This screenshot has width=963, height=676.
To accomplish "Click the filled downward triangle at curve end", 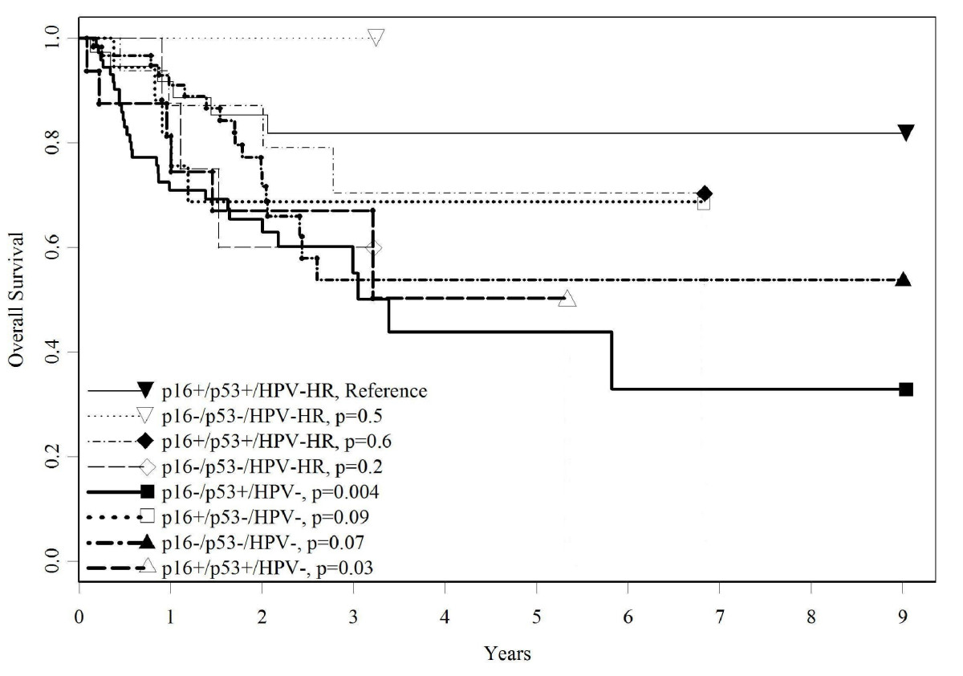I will [906, 132].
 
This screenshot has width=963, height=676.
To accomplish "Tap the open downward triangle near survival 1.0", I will [376, 37].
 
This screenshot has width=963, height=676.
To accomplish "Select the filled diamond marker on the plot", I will [705, 193].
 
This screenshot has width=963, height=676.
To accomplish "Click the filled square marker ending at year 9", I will [906, 389].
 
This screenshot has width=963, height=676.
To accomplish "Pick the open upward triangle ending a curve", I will [567, 299].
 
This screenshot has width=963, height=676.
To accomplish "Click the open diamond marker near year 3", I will [373, 248].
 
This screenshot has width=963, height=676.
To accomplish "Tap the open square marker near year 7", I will [704, 204].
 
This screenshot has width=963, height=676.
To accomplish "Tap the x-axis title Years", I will [506, 654].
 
